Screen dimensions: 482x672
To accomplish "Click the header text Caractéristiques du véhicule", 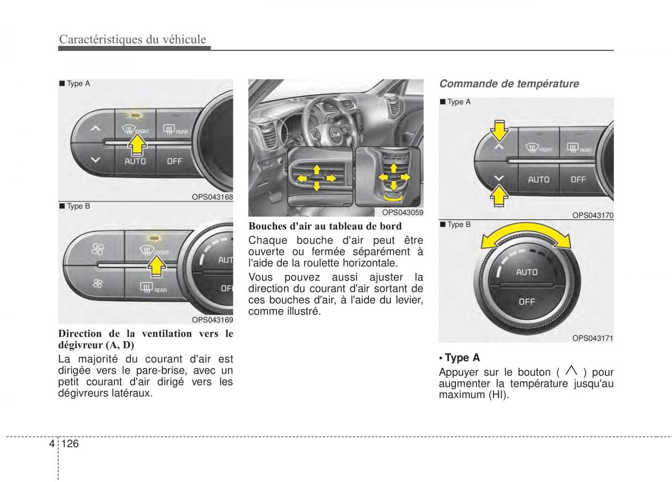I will pos(133,39).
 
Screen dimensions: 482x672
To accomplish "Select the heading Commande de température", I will pos(508,83).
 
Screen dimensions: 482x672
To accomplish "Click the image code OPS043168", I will pos(212,197).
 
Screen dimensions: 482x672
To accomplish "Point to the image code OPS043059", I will pos(403,212).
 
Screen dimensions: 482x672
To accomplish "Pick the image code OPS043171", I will pos(593,338).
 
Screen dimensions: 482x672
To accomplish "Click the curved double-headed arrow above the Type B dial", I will pos(525,238).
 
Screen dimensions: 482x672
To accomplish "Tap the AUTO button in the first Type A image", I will pos(135,161).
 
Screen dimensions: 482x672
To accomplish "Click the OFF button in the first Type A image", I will pos(175,161).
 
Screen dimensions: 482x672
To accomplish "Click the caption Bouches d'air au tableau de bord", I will pos(325,226).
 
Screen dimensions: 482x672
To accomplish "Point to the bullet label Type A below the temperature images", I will pos(462,358).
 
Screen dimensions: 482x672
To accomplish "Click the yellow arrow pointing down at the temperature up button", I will pos(498,132).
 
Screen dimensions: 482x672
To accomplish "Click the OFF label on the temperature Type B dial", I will pos(526,301).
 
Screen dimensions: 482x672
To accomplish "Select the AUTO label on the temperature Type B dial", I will pos(526,272).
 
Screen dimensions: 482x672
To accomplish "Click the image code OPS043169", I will pos(212,320).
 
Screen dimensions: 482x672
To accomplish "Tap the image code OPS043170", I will pos(593,215).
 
